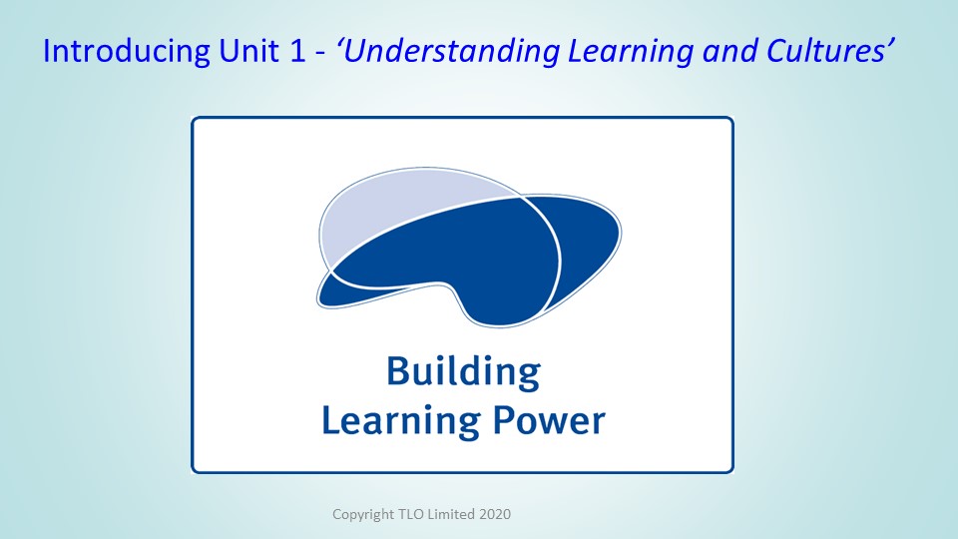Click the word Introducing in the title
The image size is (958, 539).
127,51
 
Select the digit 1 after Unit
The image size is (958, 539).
297,51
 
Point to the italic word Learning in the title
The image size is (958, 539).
631,52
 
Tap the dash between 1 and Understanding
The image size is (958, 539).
320,54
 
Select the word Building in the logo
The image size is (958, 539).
464,372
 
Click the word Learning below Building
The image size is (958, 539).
401,420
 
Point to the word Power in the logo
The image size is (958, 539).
549,420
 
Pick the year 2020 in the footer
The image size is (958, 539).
495,514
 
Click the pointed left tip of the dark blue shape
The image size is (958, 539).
318,301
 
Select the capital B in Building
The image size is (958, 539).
397,370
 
